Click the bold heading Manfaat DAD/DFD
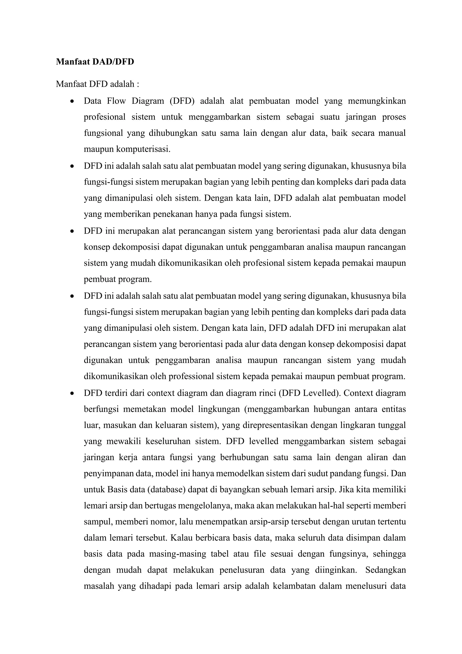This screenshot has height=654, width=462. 95,62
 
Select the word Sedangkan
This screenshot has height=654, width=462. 385,570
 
